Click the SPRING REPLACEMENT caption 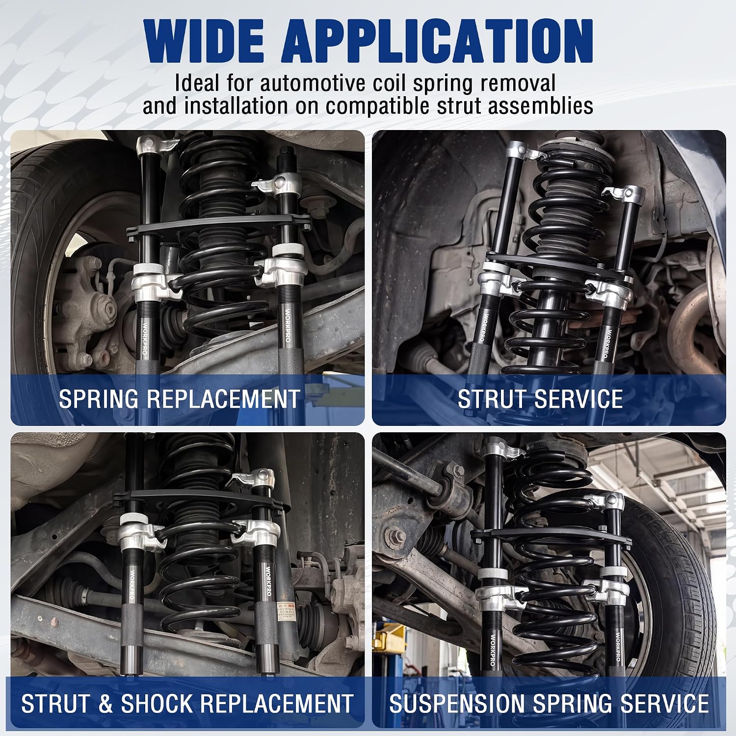(179, 398)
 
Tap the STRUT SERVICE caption (540, 398)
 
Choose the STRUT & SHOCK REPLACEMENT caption (187, 703)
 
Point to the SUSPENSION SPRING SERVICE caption (549, 703)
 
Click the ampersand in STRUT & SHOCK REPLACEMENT (106, 703)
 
